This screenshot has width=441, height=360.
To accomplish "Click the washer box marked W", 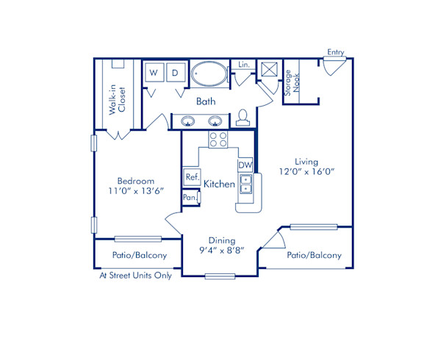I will tap(154, 73).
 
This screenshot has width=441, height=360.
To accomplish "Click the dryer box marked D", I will tap(176, 73).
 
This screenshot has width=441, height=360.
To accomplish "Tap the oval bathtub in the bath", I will tap(209, 74).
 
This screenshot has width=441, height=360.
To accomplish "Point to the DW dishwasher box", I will tap(245, 165).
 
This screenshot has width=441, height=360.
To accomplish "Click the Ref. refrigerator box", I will tap(192, 177).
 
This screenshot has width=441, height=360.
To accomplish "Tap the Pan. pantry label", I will tap(190, 198).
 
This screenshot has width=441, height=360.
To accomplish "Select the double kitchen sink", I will tap(245, 183).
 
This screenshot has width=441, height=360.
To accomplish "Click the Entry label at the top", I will tap(336, 52).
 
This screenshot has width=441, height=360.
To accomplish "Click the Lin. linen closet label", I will tap(243, 65).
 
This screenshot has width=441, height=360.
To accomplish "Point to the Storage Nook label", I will tap(292, 83).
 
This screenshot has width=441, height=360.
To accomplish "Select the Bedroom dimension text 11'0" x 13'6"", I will tap(136, 190).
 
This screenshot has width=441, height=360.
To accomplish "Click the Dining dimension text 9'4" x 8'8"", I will tap(221, 251).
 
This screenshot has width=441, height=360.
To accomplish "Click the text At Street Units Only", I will tap(136, 276).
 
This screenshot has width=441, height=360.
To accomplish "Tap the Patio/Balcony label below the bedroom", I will tap(139, 256).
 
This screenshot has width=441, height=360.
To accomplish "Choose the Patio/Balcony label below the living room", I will tap(315, 256).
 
